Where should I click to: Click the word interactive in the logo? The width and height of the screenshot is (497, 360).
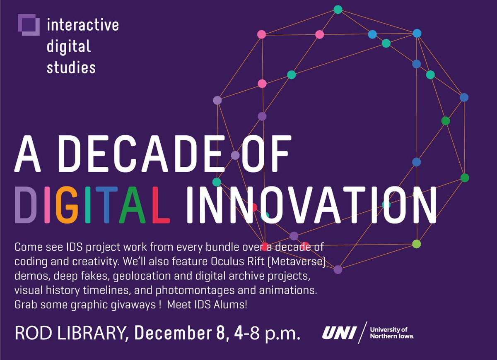click(x=83, y=25)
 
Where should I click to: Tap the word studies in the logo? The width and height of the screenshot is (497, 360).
click(x=71, y=67)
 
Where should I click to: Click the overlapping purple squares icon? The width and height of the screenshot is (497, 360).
click(x=29, y=24)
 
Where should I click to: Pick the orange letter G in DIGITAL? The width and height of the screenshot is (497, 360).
click(x=68, y=205)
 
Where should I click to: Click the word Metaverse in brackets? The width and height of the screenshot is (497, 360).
click(x=296, y=262)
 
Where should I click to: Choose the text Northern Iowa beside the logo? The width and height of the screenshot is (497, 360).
click(x=391, y=336)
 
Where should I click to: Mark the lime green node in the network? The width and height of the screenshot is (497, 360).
click(x=417, y=244)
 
